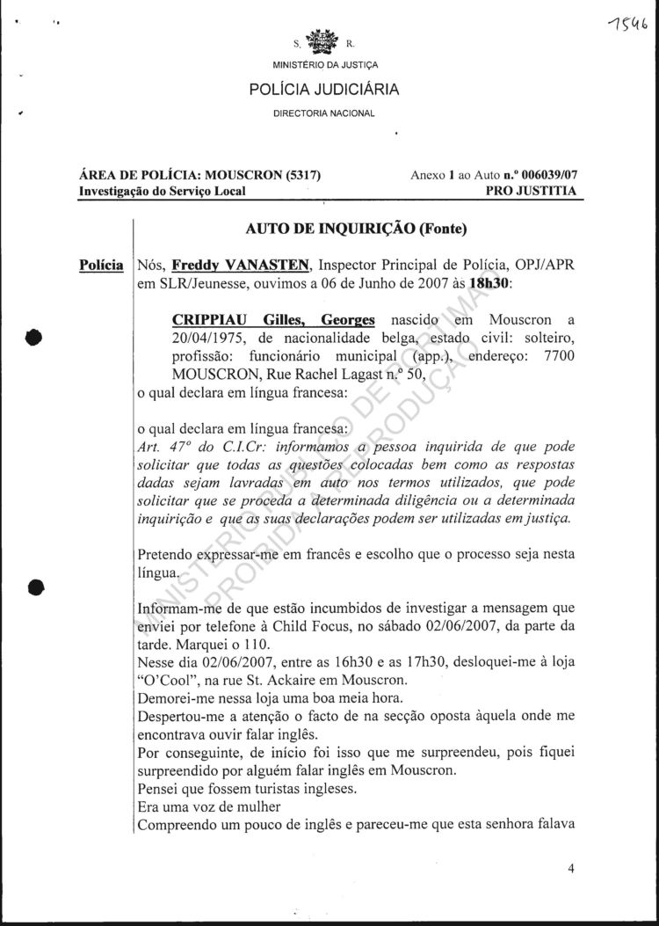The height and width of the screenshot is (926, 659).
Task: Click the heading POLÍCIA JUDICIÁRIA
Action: pos(324,89)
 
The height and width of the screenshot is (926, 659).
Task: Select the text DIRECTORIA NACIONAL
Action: pos(324,113)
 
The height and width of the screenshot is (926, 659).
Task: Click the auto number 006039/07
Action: pos(545,174)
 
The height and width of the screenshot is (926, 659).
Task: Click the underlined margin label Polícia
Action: pos(101,265)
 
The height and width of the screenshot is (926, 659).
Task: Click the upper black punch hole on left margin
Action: pos(34,338)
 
